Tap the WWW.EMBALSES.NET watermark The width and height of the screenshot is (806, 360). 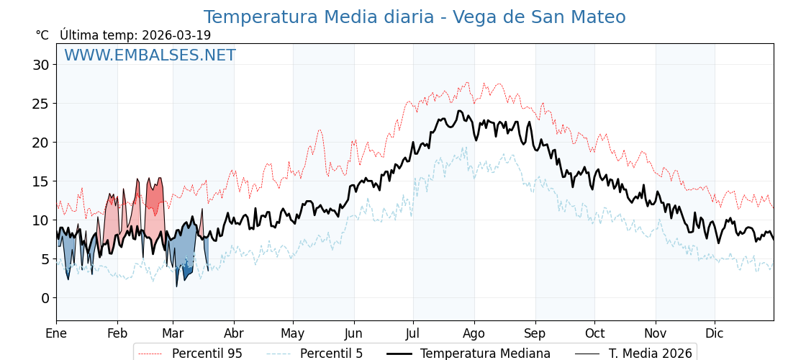pyautogui.click(x=150, y=55)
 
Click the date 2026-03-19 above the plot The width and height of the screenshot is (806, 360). pyautogui.click(x=176, y=35)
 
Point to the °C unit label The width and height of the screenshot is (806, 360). pyautogui.click(x=42, y=35)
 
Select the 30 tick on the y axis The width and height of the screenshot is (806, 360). pyautogui.click(x=41, y=65)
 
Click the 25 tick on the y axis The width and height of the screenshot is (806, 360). pyautogui.click(x=41, y=104)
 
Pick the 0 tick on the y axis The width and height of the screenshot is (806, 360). pyautogui.click(x=45, y=298)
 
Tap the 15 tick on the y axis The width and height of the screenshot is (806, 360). pyautogui.click(x=41, y=181)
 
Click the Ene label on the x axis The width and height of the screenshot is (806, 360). pyautogui.click(x=56, y=333)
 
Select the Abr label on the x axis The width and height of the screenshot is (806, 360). pyautogui.click(x=234, y=333)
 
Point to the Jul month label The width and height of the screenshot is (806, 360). pyautogui.click(x=413, y=333)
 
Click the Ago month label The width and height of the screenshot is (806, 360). pyautogui.click(x=474, y=333)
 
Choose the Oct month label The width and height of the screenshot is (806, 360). pyautogui.click(x=594, y=333)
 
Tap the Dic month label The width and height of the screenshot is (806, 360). pyautogui.click(x=715, y=333)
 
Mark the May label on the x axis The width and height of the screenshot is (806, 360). pyautogui.click(x=293, y=333)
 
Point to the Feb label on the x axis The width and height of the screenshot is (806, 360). pyautogui.click(x=117, y=333)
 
